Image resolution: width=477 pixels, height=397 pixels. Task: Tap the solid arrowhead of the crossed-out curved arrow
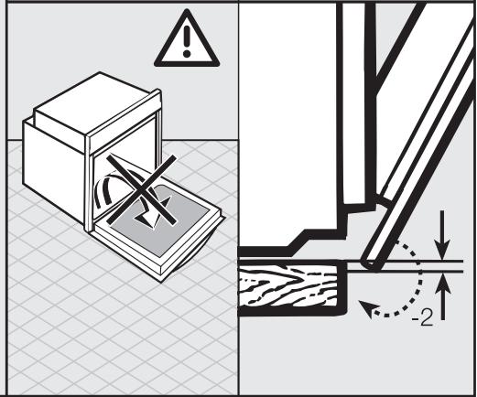(x=146, y=219)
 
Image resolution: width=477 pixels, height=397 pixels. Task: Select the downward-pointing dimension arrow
(x=444, y=247)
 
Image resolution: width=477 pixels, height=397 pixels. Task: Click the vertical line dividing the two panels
(x=238, y=183)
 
